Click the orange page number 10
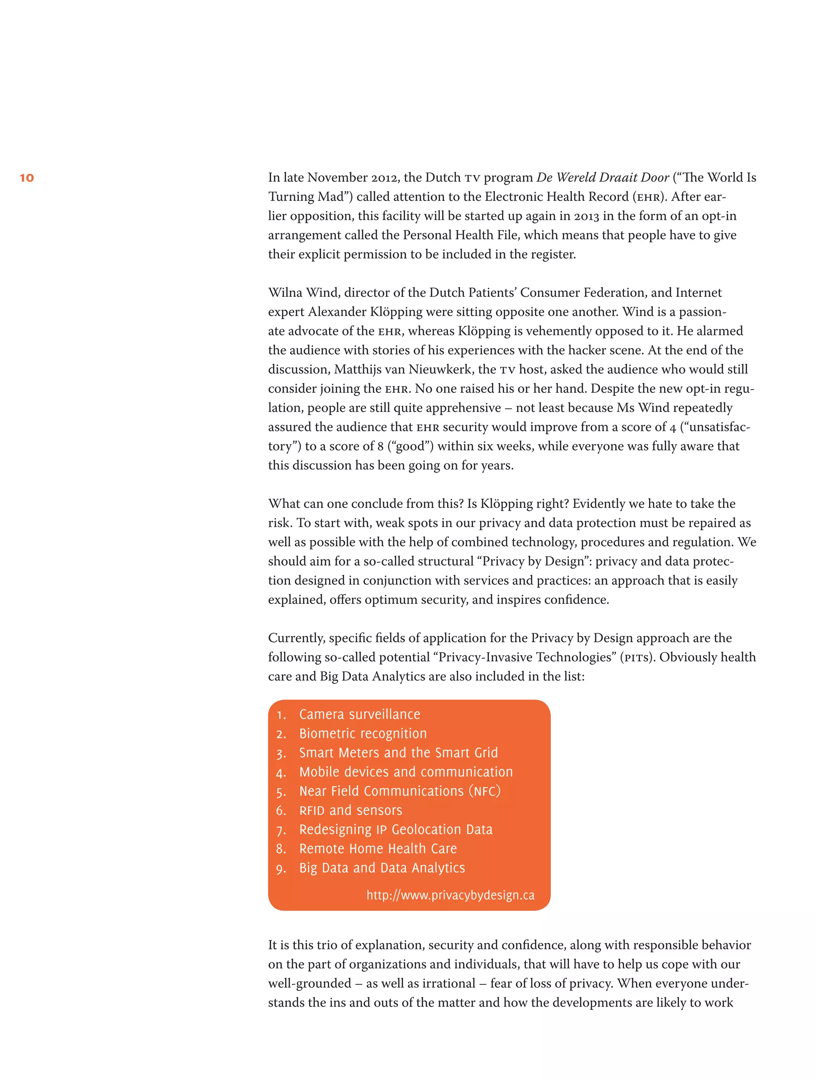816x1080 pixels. [x=27, y=178]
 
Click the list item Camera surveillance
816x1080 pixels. [x=359, y=714]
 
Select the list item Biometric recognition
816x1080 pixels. [x=363, y=733]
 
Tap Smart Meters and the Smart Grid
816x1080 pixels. [x=398, y=753]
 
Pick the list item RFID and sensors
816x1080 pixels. [x=351, y=810]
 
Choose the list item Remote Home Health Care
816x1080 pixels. [x=378, y=849]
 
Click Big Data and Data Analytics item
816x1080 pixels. [x=382, y=868]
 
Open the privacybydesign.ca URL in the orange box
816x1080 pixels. [x=450, y=895]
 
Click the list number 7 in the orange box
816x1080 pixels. [x=280, y=830]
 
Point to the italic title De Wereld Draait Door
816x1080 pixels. [x=602, y=177]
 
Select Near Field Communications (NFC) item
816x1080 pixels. [x=400, y=791]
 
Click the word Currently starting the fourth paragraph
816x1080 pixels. [x=296, y=638]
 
